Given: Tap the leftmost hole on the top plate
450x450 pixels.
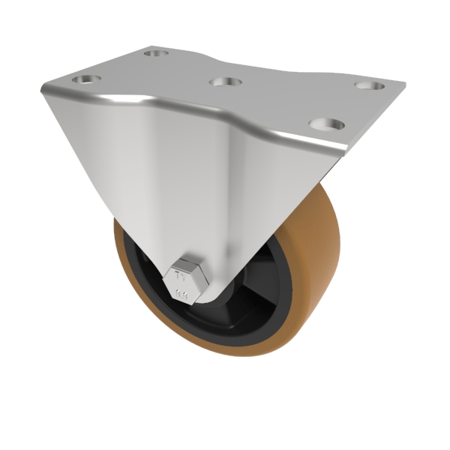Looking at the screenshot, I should pos(85,79).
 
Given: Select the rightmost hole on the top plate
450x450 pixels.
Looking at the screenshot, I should pos(366,85).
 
